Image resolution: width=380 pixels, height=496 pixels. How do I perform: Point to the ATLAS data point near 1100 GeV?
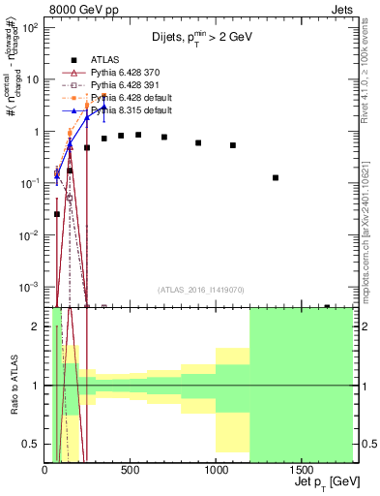233,145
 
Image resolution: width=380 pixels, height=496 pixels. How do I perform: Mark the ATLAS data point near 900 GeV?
198,142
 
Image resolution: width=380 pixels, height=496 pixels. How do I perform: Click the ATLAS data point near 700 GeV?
164,138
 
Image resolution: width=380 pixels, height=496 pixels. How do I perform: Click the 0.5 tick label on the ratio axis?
31,444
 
